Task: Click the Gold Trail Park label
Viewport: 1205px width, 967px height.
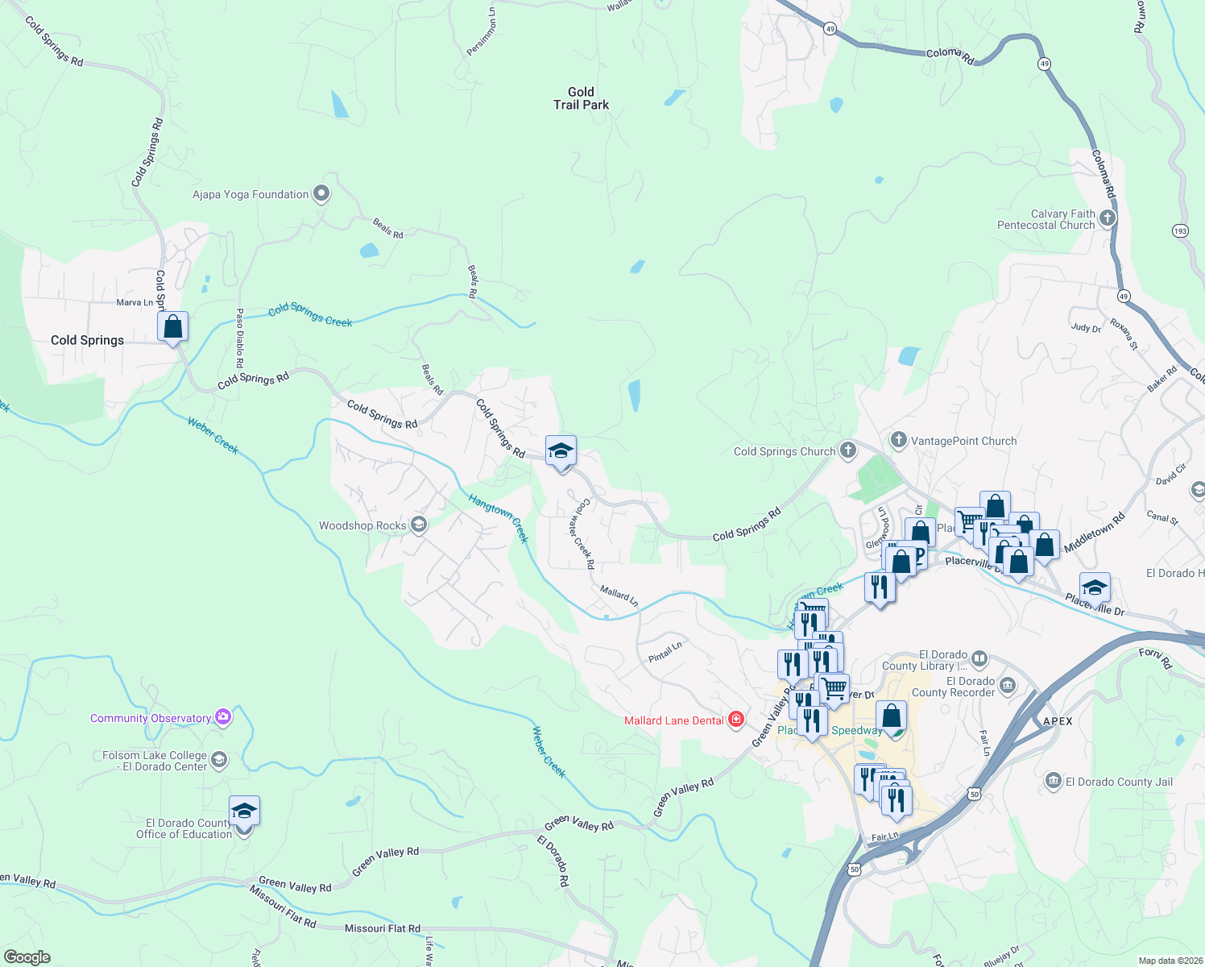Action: (x=581, y=98)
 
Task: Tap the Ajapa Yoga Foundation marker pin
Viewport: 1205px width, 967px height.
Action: (x=321, y=193)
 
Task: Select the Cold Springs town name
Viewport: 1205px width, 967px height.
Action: (x=87, y=340)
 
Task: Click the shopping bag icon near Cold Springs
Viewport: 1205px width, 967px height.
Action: (x=172, y=327)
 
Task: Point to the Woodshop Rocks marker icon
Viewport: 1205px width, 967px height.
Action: (x=418, y=525)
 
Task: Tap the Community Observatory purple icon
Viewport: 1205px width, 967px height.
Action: (x=223, y=717)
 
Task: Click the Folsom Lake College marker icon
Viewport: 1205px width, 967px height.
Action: (x=219, y=760)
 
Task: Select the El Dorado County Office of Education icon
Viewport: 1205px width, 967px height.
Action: (x=244, y=812)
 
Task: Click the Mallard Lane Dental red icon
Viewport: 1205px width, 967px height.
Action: (x=735, y=720)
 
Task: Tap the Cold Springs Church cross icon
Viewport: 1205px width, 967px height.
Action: (x=847, y=450)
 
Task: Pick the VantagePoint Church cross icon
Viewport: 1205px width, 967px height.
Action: (x=899, y=440)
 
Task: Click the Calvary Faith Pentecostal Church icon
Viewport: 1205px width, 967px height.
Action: (x=1108, y=218)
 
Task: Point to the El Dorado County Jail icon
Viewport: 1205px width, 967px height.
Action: (x=1053, y=781)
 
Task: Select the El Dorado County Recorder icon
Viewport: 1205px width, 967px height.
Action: (x=1008, y=686)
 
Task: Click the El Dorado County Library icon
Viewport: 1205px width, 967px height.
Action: (x=979, y=658)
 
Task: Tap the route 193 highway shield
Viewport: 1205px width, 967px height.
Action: (x=1180, y=230)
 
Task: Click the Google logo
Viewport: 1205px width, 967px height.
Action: (x=27, y=957)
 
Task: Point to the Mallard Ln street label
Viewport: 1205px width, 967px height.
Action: (x=619, y=596)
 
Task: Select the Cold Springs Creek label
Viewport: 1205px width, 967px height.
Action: (x=310, y=314)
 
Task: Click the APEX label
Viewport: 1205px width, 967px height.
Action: (x=1058, y=721)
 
